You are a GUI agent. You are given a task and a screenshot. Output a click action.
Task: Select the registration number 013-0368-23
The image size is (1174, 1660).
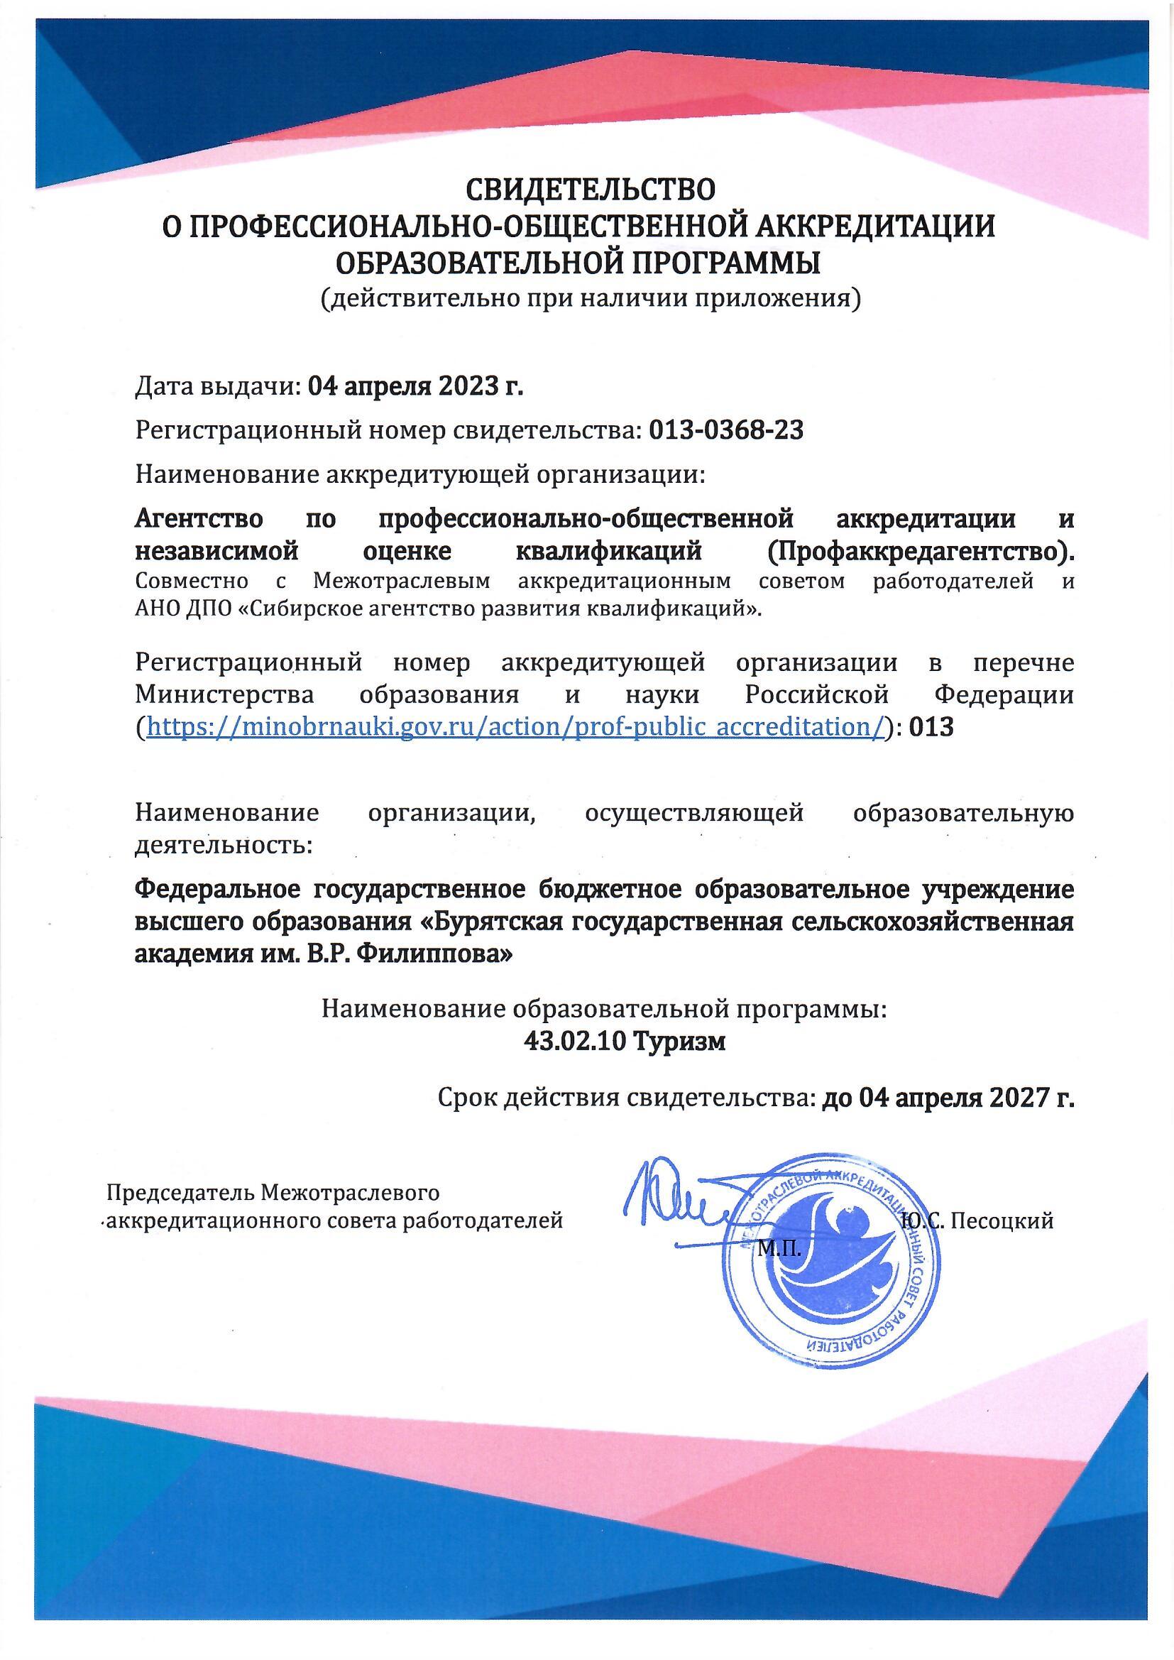(727, 432)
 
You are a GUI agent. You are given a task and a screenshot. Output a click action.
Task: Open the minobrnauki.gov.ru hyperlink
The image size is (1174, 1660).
(515, 727)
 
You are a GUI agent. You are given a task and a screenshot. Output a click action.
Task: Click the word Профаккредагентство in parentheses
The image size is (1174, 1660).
(916, 552)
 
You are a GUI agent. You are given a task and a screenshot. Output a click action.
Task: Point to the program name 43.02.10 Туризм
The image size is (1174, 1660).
(624, 1042)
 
